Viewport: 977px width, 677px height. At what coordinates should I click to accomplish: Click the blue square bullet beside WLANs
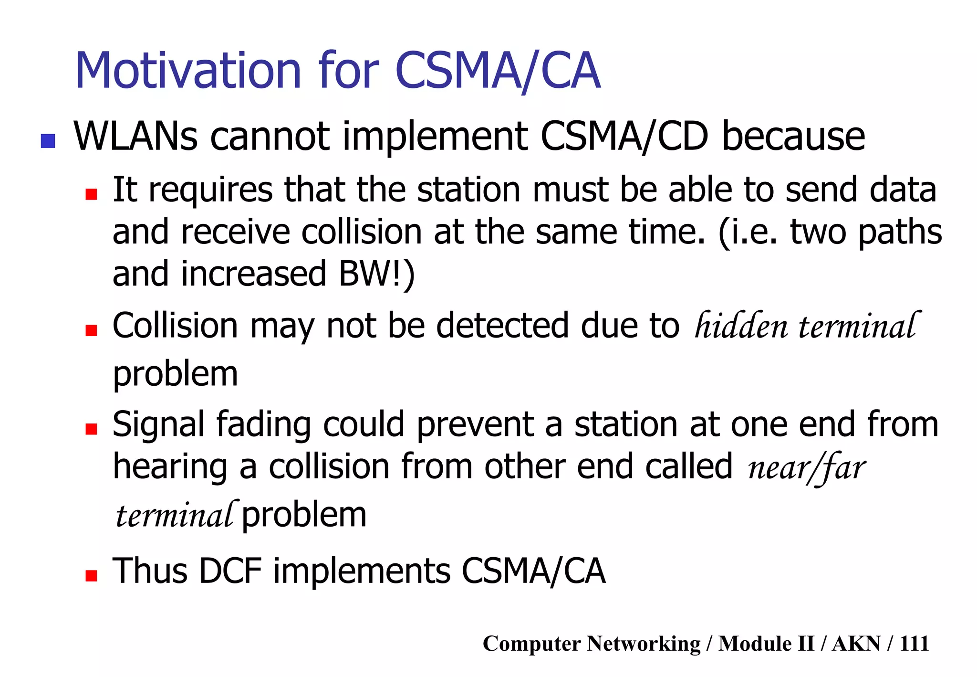click(x=48, y=141)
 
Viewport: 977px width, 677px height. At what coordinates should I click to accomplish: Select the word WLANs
click(x=135, y=137)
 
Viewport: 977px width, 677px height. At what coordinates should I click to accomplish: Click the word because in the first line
click(x=793, y=137)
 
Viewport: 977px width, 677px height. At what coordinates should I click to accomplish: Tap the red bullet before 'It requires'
click(x=91, y=194)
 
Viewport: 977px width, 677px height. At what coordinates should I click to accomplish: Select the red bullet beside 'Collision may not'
click(x=91, y=330)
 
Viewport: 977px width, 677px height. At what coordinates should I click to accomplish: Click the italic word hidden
click(x=741, y=327)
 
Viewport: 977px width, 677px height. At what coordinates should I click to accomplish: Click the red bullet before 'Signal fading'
click(x=91, y=429)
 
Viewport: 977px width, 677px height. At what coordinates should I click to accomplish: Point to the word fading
click(x=263, y=425)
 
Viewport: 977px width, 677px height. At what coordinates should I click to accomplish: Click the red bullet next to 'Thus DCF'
click(x=91, y=575)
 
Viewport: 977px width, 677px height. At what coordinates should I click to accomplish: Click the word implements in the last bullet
click(x=362, y=572)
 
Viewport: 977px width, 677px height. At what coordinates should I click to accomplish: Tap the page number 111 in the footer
click(x=915, y=644)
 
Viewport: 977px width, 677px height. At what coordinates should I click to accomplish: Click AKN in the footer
click(x=856, y=644)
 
